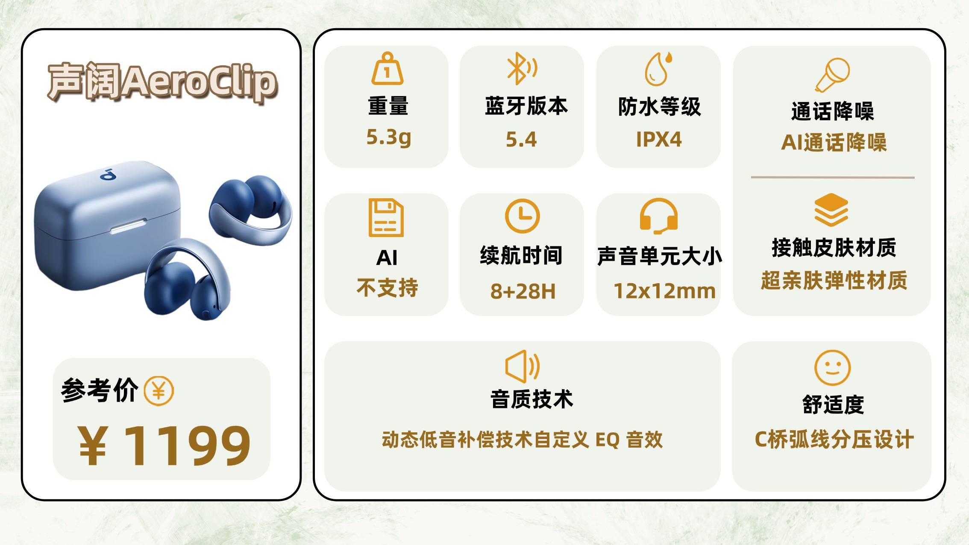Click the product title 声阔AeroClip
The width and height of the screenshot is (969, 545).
pyautogui.click(x=162, y=82)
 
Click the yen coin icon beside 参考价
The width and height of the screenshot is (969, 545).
pyautogui.click(x=159, y=391)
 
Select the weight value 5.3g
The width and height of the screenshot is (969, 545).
pyautogui.click(x=389, y=138)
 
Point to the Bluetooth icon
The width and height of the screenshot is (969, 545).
pyautogui.click(x=521, y=68)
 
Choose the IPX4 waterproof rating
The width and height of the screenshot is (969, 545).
pyautogui.click(x=658, y=139)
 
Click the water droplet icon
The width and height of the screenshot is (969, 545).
pyautogui.click(x=658, y=69)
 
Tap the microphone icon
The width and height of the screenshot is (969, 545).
pyautogui.click(x=832, y=75)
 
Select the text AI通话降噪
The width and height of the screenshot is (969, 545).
pyautogui.click(x=834, y=142)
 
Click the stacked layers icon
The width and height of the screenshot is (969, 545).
pyautogui.click(x=831, y=210)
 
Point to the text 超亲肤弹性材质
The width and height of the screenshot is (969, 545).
pyautogui.click(x=834, y=281)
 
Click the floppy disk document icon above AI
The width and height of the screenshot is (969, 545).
pyautogui.click(x=386, y=217)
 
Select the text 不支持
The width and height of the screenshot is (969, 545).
pyautogui.click(x=387, y=287)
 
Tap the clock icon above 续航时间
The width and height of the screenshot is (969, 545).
pyautogui.click(x=522, y=216)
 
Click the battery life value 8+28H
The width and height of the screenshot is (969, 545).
pyautogui.click(x=523, y=291)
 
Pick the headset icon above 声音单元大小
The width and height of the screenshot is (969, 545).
pyautogui.click(x=658, y=216)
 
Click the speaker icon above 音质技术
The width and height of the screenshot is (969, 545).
pyautogui.click(x=522, y=366)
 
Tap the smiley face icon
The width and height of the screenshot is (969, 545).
pyautogui.click(x=833, y=368)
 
